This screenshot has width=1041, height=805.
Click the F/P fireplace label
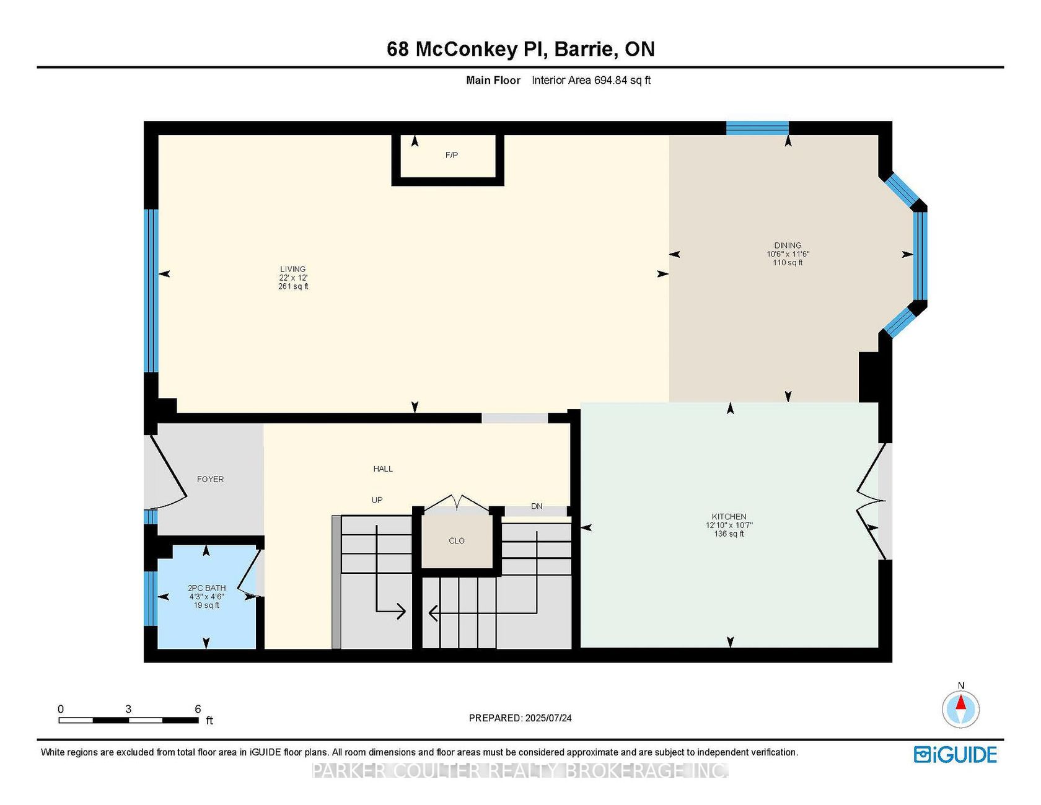(452, 155)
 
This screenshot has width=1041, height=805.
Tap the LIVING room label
(293, 270)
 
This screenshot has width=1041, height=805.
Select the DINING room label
(788, 245)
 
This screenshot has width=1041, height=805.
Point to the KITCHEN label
(729, 517)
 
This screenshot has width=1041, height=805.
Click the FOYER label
(210, 479)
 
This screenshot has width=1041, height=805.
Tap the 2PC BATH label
(207, 588)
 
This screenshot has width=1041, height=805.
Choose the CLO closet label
(457, 541)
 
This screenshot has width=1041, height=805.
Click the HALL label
(383, 469)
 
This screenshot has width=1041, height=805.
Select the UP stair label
(377, 500)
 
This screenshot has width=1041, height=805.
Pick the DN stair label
(537, 506)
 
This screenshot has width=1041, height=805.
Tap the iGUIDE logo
(955, 755)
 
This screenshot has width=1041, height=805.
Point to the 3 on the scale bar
(128, 709)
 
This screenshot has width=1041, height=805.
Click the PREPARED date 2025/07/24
(548, 718)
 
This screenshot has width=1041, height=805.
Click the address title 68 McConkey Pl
(467, 49)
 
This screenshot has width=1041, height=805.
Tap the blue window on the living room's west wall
(151, 291)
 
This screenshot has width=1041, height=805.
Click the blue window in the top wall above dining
(757, 128)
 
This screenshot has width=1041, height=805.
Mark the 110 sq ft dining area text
(788, 263)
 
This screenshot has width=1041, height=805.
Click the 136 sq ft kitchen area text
(729, 534)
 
